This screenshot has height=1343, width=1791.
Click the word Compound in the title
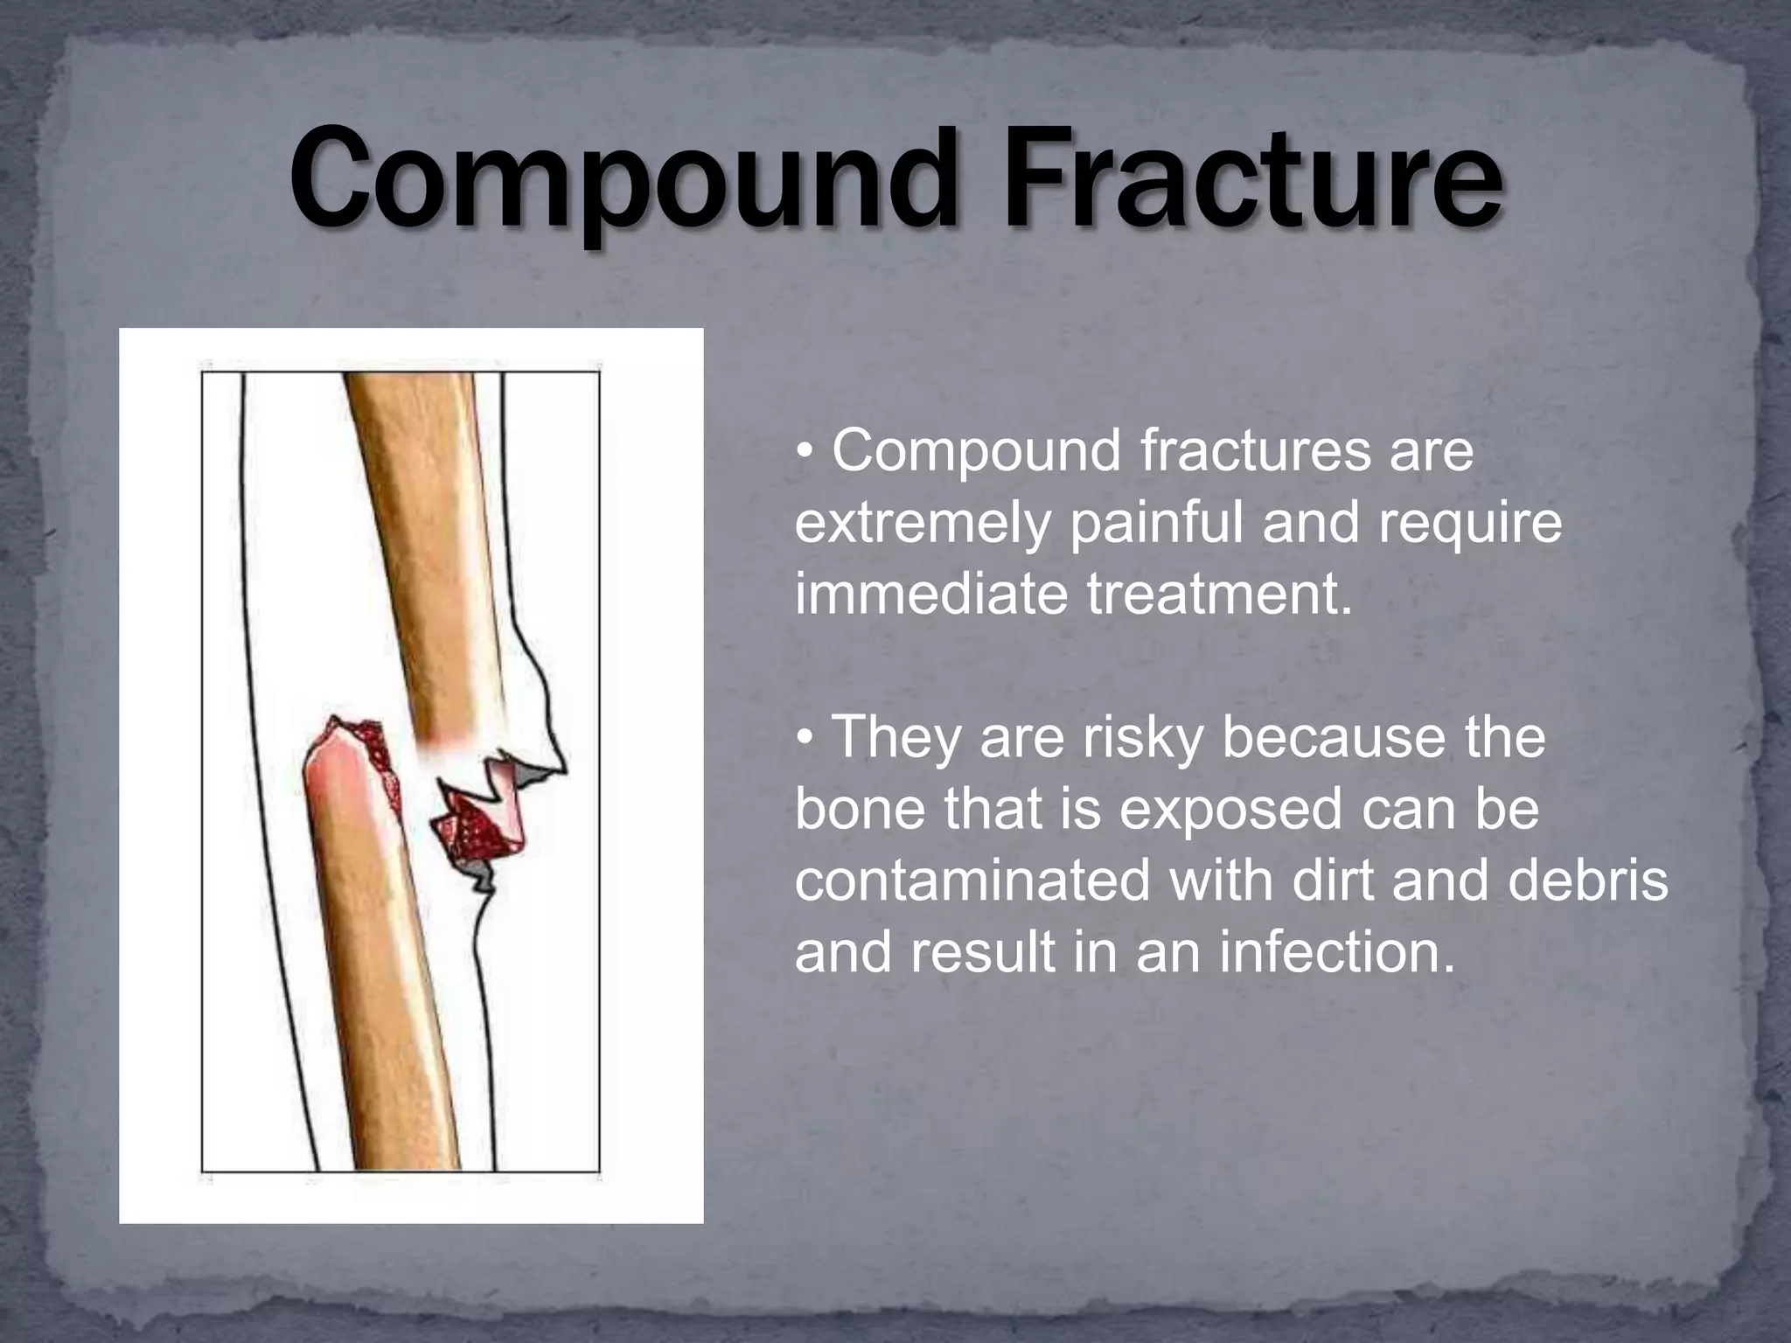point(621,179)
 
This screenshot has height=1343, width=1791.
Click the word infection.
point(1337,952)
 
